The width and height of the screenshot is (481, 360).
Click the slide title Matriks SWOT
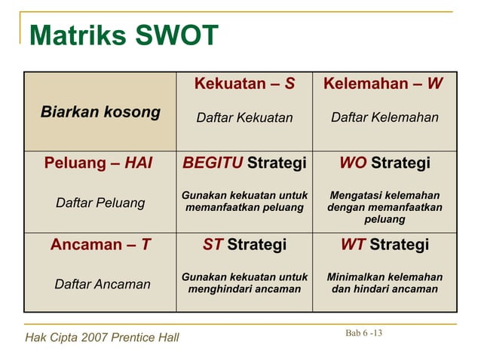[x=124, y=35]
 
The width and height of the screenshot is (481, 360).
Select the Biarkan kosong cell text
[x=100, y=113]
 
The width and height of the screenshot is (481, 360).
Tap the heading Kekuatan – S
[x=244, y=84]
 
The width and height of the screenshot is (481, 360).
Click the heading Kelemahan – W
[x=383, y=84]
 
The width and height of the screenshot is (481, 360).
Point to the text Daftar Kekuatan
[x=244, y=117]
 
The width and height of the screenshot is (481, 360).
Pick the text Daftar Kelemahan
[x=384, y=117]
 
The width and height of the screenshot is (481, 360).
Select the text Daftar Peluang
[x=100, y=203]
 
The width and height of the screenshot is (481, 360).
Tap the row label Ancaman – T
[x=100, y=245]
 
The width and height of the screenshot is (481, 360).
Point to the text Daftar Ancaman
[x=102, y=284]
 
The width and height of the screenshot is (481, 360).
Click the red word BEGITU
[x=213, y=163]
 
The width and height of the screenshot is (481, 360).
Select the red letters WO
[x=353, y=163]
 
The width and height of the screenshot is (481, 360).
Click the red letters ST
[x=213, y=245]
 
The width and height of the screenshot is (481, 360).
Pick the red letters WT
[x=353, y=245]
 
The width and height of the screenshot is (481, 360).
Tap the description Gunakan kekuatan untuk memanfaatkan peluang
[x=244, y=200]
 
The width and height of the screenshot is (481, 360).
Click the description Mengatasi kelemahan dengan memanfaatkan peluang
[x=384, y=207]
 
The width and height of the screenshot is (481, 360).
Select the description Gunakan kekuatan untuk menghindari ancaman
[x=244, y=282]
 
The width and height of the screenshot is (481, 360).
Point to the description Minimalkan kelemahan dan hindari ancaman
[x=384, y=282]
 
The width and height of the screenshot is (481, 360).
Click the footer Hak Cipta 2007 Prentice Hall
[x=103, y=337]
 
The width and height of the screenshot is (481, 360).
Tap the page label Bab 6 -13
[x=363, y=333]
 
